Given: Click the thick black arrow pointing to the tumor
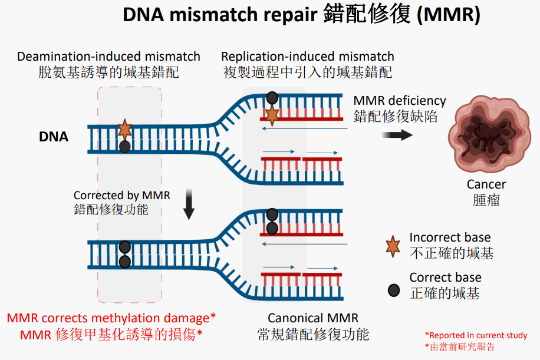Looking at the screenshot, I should click(x=397, y=135).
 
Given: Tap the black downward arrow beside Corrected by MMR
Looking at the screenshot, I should click(x=189, y=204).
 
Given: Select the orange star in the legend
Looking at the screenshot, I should click(x=393, y=246).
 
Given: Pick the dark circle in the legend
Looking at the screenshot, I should click(x=393, y=290).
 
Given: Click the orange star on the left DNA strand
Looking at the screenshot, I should click(x=124, y=128).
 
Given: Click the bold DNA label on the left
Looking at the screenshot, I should click(x=54, y=137).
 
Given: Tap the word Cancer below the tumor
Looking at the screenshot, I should click(x=486, y=184).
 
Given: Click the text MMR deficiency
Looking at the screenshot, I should click(x=400, y=101).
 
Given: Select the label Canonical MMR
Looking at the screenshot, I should click(x=313, y=319).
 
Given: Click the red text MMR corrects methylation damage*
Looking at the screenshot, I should click(x=111, y=318).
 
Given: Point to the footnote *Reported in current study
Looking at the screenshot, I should click(x=476, y=335).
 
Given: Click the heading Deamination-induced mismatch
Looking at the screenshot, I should click(x=108, y=57).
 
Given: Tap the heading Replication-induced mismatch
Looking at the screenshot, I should click(x=308, y=57).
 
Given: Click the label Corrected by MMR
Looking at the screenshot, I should click(x=121, y=195).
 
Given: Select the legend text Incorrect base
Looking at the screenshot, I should click(x=450, y=237).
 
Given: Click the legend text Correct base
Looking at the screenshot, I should click(x=445, y=278).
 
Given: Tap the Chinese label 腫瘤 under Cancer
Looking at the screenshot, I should click(x=486, y=200).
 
